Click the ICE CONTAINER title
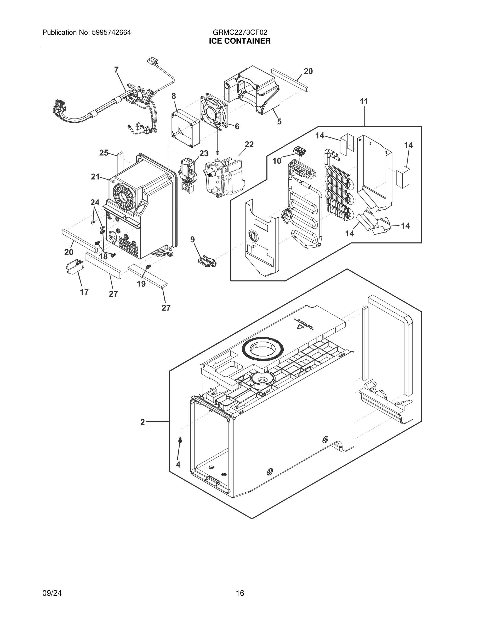click(240, 41)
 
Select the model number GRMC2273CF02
click(240, 32)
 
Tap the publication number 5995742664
click(111, 32)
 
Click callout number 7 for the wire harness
click(116, 70)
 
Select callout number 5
click(279, 122)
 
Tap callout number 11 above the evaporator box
click(364, 102)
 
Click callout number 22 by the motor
click(249, 145)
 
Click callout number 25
click(104, 153)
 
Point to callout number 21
click(95, 177)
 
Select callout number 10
click(277, 161)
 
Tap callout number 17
click(84, 292)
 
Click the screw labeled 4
click(180, 440)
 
